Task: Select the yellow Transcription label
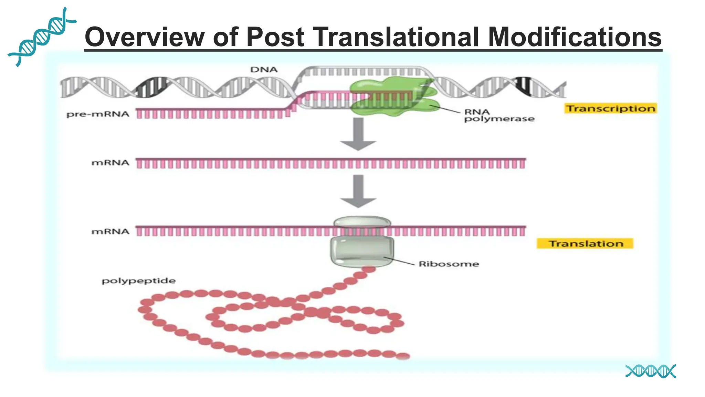click(x=611, y=109)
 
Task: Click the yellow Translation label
click(x=585, y=244)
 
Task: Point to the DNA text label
click(x=264, y=70)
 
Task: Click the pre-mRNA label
click(x=98, y=114)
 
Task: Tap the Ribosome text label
click(x=449, y=264)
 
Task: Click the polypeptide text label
click(x=138, y=281)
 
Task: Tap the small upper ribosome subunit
click(x=362, y=221)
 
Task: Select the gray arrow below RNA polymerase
click(x=358, y=134)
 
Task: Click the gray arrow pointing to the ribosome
click(x=358, y=191)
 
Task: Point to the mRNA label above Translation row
click(x=110, y=163)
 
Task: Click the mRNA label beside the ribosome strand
click(x=110, y=232)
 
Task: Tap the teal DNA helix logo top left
click(x=41, y=36)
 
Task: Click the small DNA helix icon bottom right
click(x=650, y=371)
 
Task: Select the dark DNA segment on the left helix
click(x=151, y=87)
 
